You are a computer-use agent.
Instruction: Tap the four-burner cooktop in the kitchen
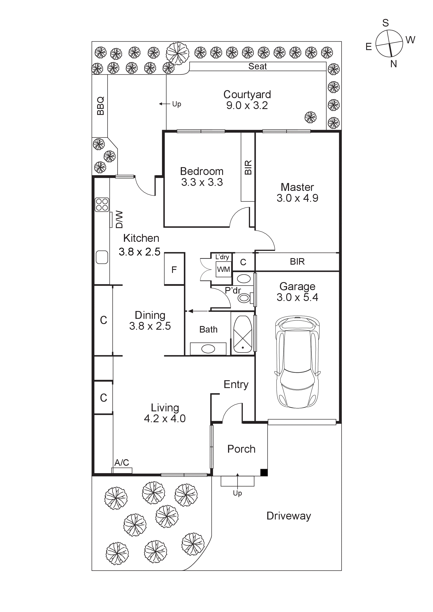point(102,205)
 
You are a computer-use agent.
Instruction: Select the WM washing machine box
point(223,269)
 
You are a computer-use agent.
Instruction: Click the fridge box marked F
point(174,269)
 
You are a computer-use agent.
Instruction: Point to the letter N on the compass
point(394,64)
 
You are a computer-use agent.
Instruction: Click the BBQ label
point(100,106)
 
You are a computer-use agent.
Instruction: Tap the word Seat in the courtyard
point(257,66)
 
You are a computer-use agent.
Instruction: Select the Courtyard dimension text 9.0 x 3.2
point(247,106)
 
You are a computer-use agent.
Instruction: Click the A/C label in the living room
point(122,462)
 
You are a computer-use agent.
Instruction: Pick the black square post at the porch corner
point(264,472)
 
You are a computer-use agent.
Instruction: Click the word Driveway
point(289,516)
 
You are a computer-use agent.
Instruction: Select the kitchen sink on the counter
point(102,257)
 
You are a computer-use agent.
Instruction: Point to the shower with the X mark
point(242,335)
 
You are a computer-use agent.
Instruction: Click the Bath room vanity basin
point(208,349)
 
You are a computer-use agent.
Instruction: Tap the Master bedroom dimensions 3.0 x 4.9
point(297,198)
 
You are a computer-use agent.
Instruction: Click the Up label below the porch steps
point(237,493)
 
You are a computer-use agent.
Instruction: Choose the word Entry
point(236,384)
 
